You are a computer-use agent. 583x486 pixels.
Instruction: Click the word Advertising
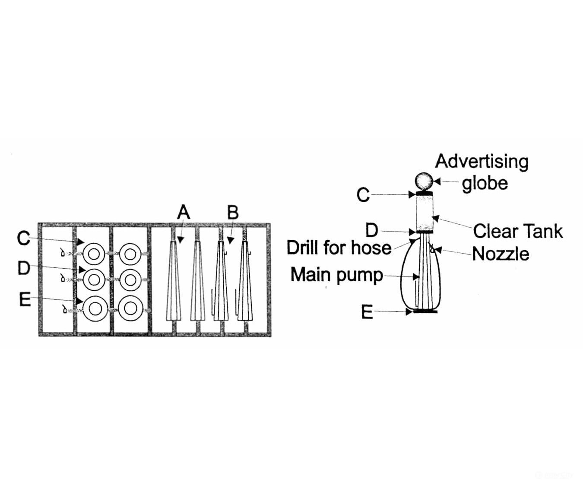coord(482,162)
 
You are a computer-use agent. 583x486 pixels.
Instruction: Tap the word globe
coord(485,184)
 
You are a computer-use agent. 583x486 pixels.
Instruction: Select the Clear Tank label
coord(518,231)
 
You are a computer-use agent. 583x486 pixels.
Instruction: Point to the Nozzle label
coord(501,254)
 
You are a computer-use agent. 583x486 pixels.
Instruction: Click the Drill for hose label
coord(339,248)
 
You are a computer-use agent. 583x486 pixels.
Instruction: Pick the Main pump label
coord(337,275)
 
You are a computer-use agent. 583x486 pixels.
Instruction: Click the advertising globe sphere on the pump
coord(424,181)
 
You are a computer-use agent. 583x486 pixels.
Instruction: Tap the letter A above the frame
coord(184,212)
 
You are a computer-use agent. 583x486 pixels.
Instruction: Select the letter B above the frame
coord(233,212)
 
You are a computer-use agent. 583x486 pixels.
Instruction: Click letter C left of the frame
coord(23,238)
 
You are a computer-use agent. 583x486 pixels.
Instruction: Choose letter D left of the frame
coord(24,268)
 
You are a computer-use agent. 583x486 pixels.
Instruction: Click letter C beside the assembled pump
coord(363,194)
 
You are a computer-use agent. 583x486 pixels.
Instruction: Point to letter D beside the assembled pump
coord(372,230)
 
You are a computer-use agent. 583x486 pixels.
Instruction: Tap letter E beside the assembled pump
coord(367,312)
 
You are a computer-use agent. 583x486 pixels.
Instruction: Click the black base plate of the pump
coord(425,311)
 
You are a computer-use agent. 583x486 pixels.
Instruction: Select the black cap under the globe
coord(424,193)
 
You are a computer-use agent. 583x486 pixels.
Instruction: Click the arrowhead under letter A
coord(181,240)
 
